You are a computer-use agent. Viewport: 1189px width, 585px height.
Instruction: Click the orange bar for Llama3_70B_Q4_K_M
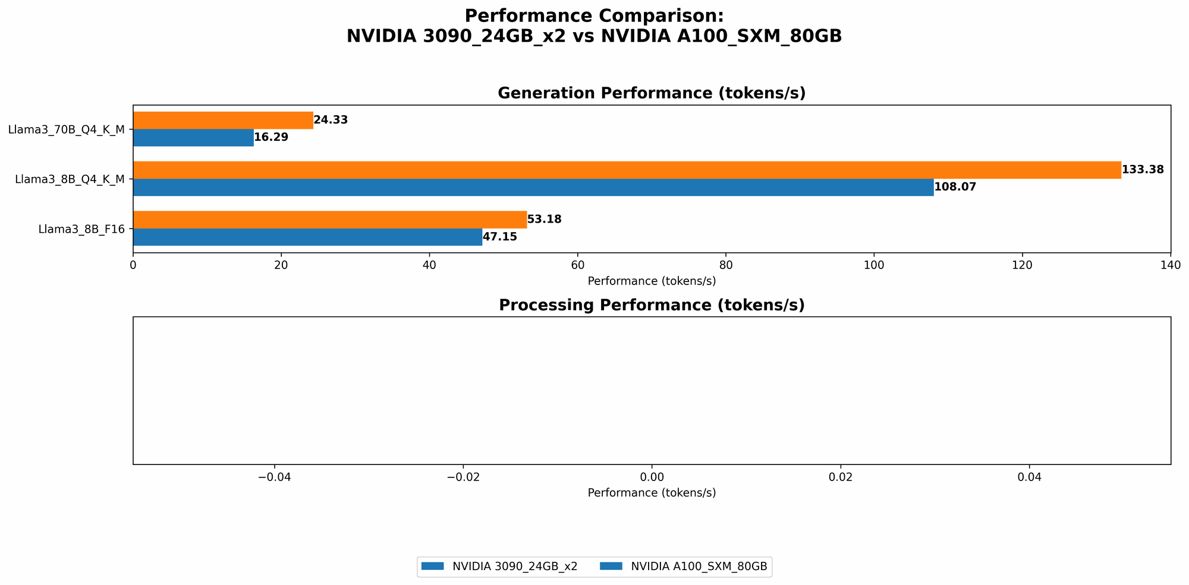pos(223,120)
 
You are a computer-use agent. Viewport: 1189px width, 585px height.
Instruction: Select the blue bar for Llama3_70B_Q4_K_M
pos(193,137)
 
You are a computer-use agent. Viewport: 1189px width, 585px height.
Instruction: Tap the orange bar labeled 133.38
pos(627,170)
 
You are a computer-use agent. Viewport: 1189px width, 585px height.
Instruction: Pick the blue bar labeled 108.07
pos(533,187)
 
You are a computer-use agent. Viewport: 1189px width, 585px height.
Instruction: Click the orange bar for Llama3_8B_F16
pos(330,219)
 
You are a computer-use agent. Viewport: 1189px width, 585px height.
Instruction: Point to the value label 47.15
pos(499,237)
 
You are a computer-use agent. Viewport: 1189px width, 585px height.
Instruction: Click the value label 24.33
pos(331,120)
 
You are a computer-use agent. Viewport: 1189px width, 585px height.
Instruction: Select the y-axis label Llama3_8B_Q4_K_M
pos(70,179)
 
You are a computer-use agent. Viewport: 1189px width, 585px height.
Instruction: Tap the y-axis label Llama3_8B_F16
pos(81,229)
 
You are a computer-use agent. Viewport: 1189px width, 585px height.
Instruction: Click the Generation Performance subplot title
pos(651,93)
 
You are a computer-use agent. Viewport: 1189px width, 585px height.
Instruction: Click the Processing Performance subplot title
pos(651,305)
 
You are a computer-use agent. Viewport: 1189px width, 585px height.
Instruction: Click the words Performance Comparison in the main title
pos(594,16)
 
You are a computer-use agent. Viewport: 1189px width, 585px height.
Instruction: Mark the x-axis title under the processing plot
pos(651,493)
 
